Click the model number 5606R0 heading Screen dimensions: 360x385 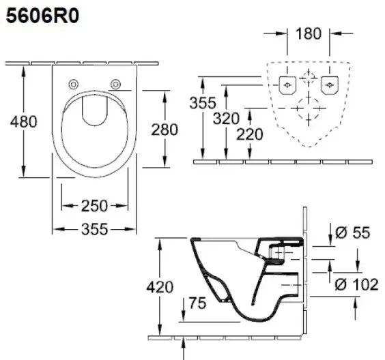coord(42,17)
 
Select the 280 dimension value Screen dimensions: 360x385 coord(165,129)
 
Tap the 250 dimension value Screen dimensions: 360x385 coord(95,205)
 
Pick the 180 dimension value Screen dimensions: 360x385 coord(309,33)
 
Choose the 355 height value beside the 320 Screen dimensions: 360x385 coord(203,104)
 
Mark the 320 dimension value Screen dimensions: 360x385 coord(226,119)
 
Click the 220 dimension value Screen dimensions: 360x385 coord(249,134)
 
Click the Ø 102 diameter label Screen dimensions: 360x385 coord(355,284)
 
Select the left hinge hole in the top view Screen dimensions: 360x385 coord(73,84)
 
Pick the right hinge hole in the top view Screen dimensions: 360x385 coord(115,84)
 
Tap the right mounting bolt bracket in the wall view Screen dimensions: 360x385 coord(330,85)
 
